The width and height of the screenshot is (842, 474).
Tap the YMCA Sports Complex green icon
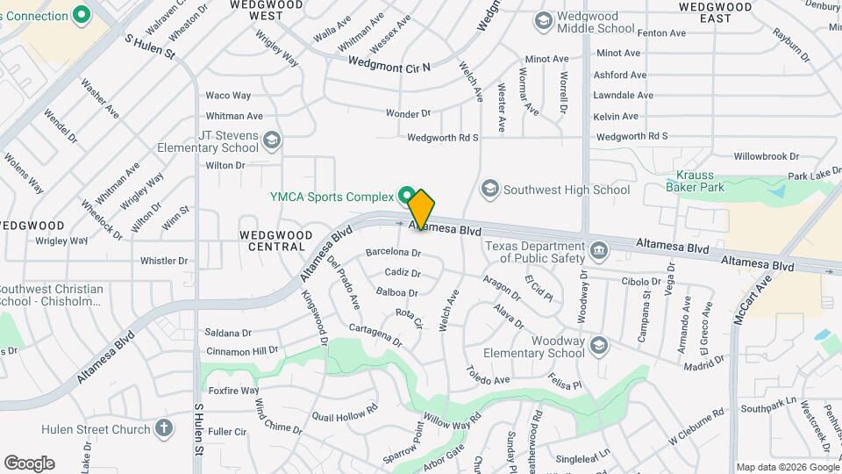pyautogui.click(x=407, y=194)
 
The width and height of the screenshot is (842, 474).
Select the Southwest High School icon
pyautogui.click(x=490, y=189)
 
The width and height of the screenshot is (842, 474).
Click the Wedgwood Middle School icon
pyautogui.click(x=543, y=20)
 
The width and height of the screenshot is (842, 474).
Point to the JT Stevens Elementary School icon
pyautogui.click(x=272, y=140)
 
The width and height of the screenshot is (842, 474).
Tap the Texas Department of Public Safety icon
pyautogui.click(x=599, y=251)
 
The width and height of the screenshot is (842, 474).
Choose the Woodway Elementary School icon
pyautogui.click(x=599, y=345)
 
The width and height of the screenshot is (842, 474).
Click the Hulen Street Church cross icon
pyautogui.click(x=163, y=429)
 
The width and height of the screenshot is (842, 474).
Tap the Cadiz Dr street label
pyautogui.click(x=403, y=272)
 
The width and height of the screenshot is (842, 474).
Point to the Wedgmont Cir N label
pyautogui.click(x=389, y=63)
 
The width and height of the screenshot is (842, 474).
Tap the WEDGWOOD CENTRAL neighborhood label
pyautogui.click(x=275, y=241)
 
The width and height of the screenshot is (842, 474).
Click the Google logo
pyautogui.click(x=29, y=463)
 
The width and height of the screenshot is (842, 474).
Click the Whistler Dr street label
pyautogui.click(x=164, y=261)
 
